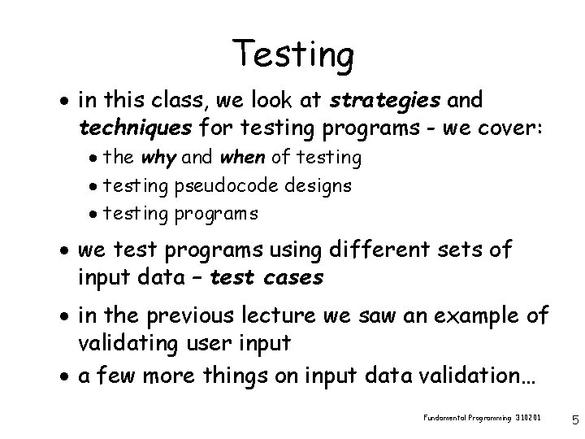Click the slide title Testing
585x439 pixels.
click(292, 54)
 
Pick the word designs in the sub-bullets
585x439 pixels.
click(318, 185)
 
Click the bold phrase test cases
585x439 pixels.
click(266, 277)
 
